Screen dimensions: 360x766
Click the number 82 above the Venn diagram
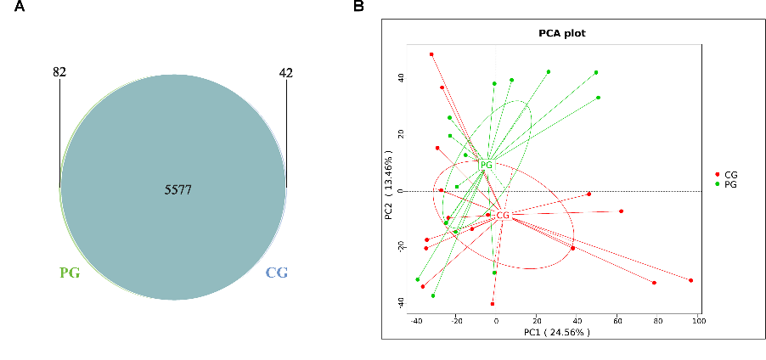(59, 73)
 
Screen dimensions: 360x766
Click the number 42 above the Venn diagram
(286, 73)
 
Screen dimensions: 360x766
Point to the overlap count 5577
(178, 190)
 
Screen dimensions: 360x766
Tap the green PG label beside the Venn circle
(70, 273)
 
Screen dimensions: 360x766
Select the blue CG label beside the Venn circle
(277, 273)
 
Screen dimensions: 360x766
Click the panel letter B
(359, 7)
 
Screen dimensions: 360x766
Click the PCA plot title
(562, 34)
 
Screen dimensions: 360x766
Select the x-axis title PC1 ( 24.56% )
(556, 332)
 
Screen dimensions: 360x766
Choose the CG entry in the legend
(730, 174)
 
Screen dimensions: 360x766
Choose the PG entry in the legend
(730, 183)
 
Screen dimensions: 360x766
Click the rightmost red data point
(691, 280)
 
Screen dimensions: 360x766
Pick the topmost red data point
(431, 54)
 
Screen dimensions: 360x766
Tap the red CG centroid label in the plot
(503, 216)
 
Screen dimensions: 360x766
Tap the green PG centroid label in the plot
(486, 165)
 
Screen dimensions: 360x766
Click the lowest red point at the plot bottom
(493, 304)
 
